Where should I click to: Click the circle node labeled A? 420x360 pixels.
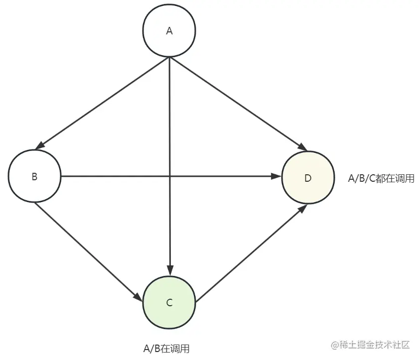click(169, 31)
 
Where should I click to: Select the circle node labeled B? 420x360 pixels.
click(34, 176)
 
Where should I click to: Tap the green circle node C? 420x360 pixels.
click(169, 302)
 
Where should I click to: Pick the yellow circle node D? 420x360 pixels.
click(307, 178)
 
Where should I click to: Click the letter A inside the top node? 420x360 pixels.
click(169, 31)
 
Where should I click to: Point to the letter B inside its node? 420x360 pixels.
click(34, 176)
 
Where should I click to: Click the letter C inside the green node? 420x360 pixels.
click(169, 302)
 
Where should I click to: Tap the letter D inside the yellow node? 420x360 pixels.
click(307, 178)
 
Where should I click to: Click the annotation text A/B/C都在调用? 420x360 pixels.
click(381, 178)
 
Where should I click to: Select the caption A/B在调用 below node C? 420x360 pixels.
click(166, 349)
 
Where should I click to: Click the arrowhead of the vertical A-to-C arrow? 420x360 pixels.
click(170, 271)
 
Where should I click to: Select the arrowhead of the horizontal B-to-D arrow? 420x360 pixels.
click(276, 176)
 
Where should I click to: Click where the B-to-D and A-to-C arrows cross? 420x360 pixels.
click(170, 176)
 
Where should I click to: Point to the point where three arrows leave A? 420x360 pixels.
click(170, 57)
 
